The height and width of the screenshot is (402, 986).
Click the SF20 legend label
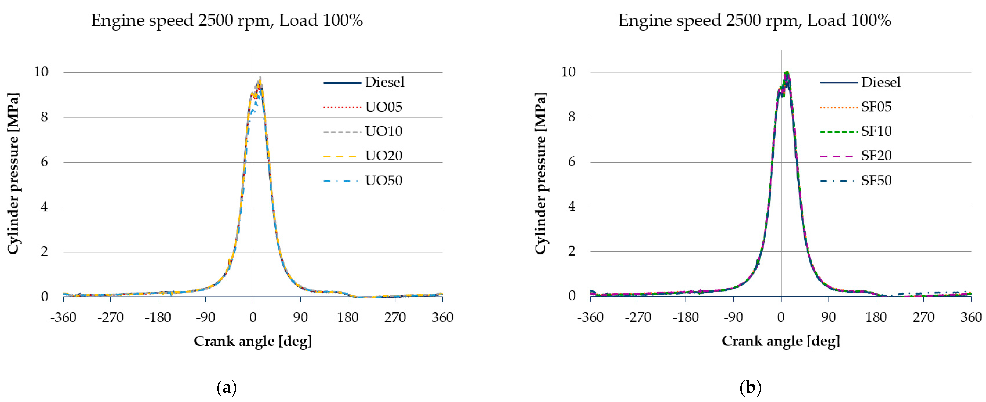876,156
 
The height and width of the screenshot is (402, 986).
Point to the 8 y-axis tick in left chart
44,117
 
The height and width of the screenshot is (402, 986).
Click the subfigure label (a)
227,388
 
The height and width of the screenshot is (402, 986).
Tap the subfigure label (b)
750,388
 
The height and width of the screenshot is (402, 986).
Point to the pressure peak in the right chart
787,72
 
